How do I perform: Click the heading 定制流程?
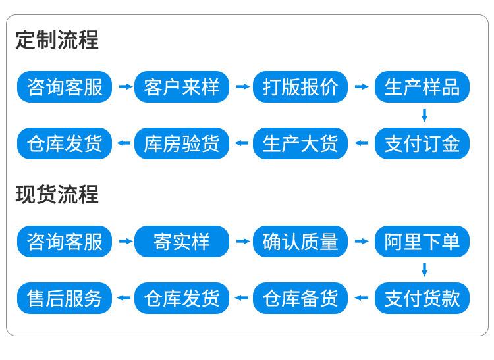coord(57,39)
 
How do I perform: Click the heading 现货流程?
coord(57,194)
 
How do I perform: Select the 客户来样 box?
coord(182,87)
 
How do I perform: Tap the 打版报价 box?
coord(300,87)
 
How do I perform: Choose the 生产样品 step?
coord(422,87)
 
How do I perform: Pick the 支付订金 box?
coord(422,143)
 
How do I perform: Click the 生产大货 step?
coord(300,143)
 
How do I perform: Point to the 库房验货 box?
coord(182,143)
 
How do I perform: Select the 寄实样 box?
coord(182,242)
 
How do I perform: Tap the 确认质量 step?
coord(300,242)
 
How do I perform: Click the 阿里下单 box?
coord(422,242)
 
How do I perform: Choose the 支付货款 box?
coord(422,298)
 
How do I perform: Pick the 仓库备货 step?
coord(300,298)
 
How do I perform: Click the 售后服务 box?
coord(65,298)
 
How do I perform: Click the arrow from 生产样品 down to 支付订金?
coord(424,115)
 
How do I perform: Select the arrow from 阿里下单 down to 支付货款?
coord(424,270)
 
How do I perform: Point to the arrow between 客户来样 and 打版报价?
coord(243,86)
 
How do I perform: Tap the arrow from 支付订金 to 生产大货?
coord(362,143)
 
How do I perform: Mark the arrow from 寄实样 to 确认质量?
coord(243,241)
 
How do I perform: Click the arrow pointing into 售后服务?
coord(124,297)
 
